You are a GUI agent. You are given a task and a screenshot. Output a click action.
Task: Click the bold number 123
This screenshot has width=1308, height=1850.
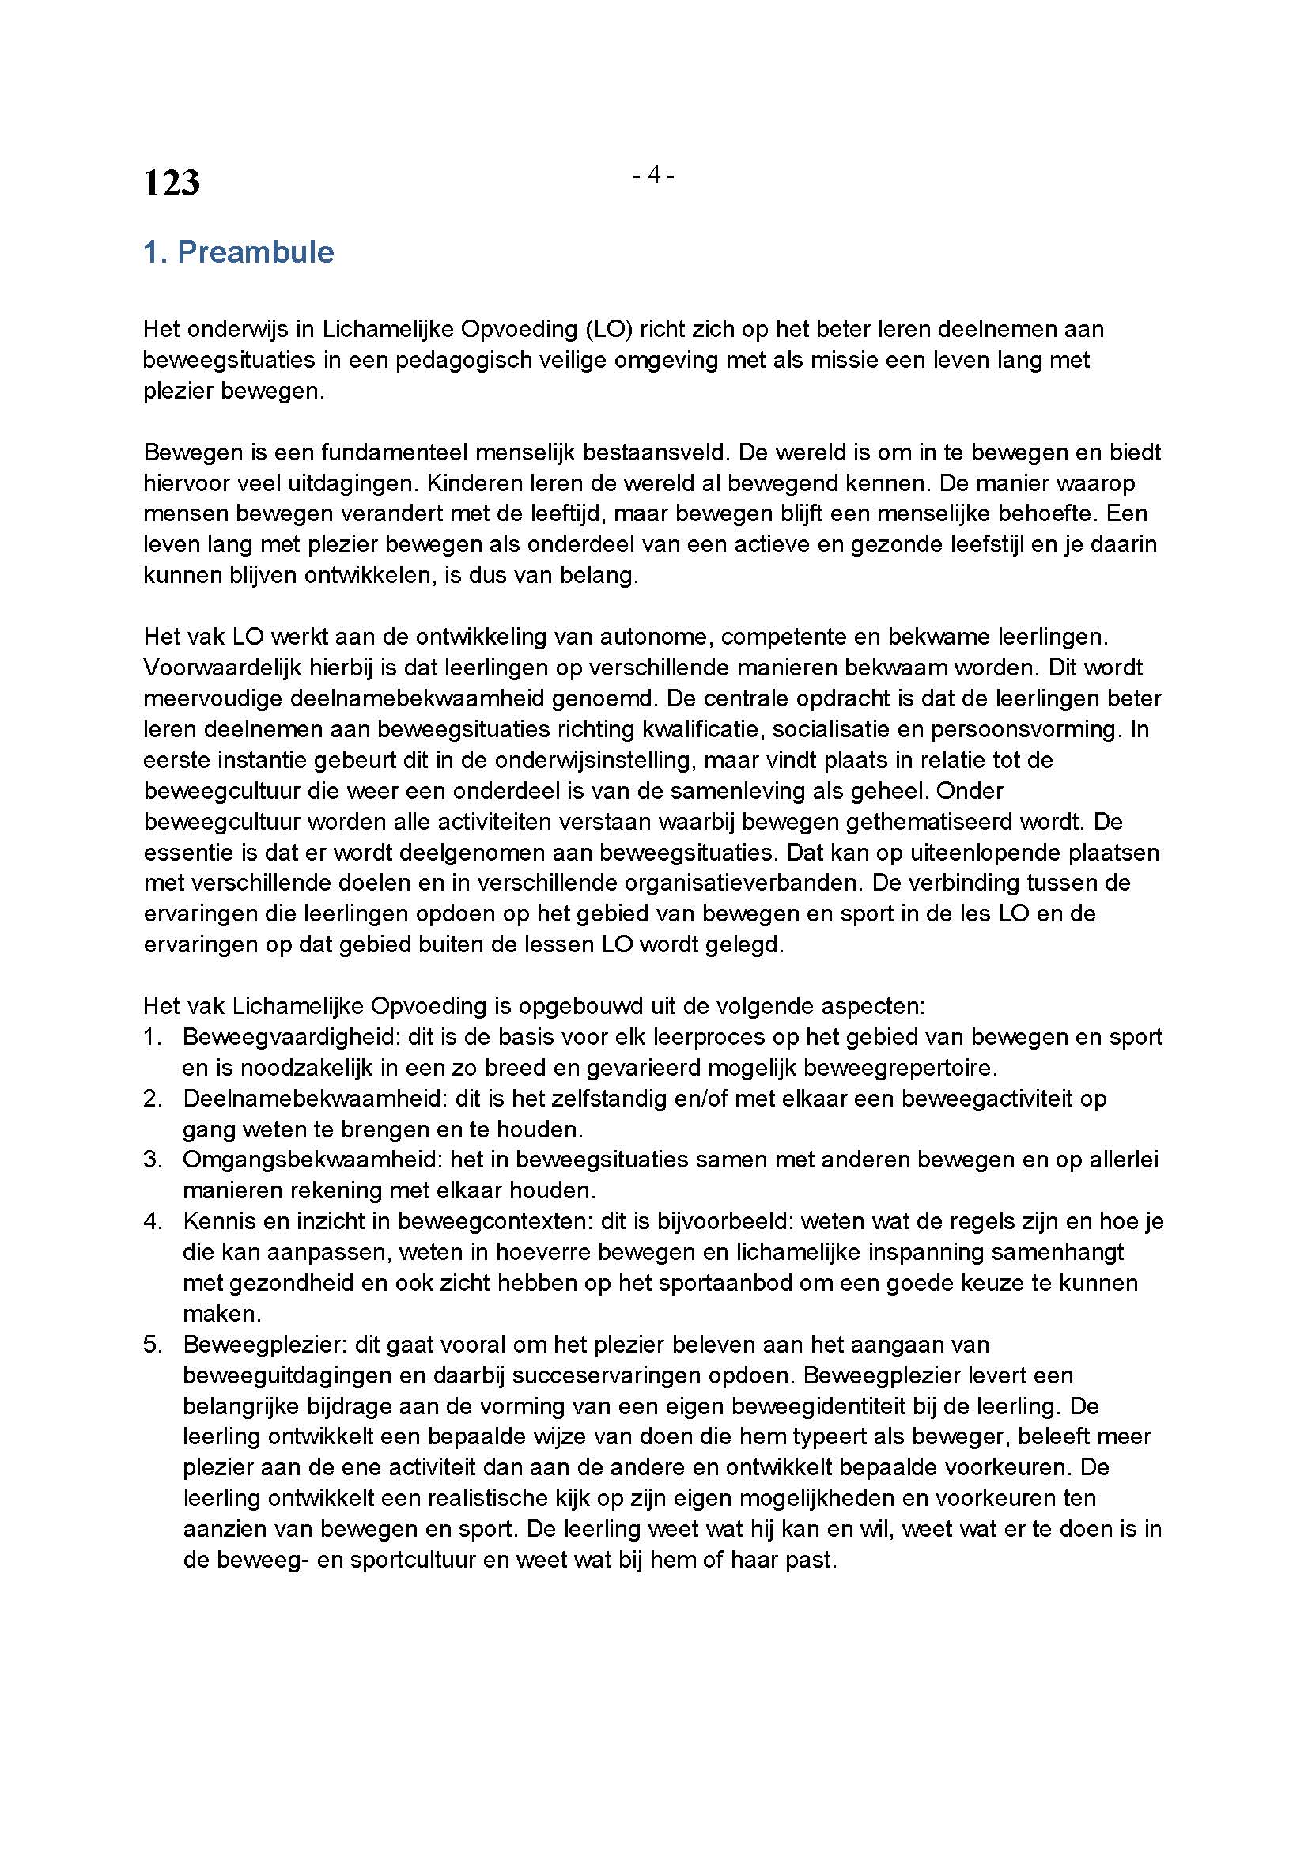click(x=172, y=183)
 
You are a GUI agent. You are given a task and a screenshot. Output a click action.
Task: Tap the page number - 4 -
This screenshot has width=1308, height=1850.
click(x=653, y=175)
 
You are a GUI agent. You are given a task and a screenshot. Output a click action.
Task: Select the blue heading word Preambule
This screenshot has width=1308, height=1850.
click(x=255, y=252)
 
